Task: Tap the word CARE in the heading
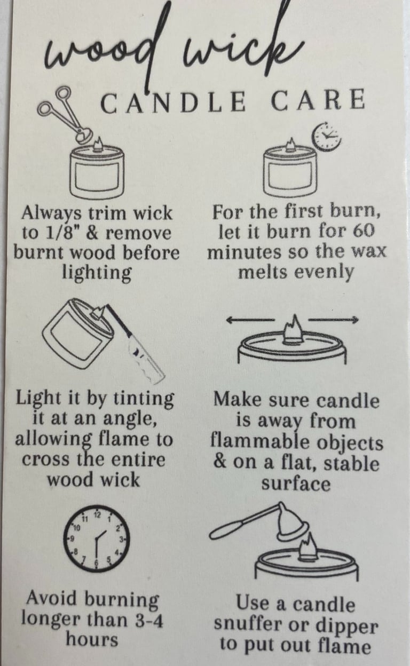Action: [x=318, y=100]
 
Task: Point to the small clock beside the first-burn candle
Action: [x=326, y=137]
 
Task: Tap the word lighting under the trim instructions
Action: [x=97, y=273]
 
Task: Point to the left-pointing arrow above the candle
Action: [x=250, y=320]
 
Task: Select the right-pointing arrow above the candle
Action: [x=333, y=320]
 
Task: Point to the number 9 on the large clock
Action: [x=71, y=538]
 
